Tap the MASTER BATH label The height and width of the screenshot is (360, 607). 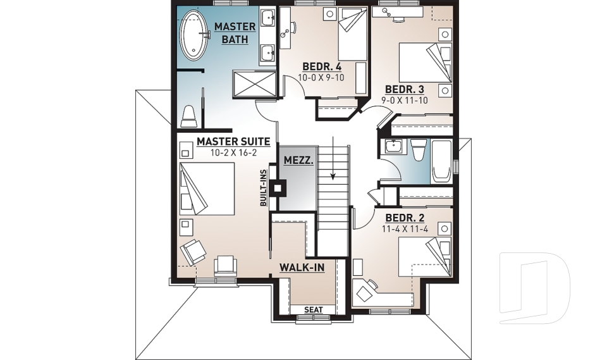click(235, 33)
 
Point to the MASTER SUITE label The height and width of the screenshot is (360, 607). click(233, 142)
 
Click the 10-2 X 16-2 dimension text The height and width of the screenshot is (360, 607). click(233, 152)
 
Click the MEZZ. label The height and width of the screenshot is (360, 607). click(296, 161)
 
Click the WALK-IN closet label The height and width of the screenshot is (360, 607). click(302, 268)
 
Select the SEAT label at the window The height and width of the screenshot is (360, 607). click(313, 309)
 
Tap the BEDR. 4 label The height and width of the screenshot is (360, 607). click(322, 66)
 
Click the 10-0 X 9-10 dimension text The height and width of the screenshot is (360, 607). click(322, 77)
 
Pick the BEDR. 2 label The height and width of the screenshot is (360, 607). click(405, 218)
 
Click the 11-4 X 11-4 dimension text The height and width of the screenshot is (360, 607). click(405, 228)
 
